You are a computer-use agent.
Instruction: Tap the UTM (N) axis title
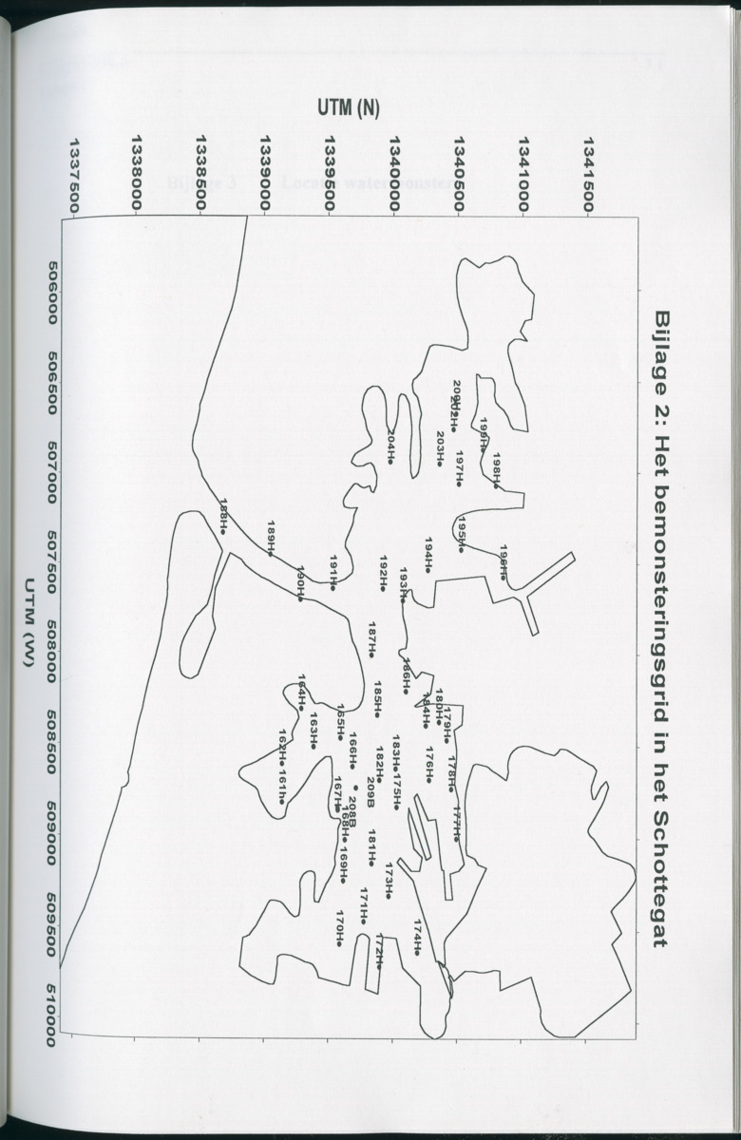pyautogui.click(x=349, y=107)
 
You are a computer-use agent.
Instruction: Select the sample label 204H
pyautogui.click(x=391, y=447)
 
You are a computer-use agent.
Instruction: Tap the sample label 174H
pyautogui.click(x=417, y=936)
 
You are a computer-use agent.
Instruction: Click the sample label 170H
pyautogui.click(x=339, y=928)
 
